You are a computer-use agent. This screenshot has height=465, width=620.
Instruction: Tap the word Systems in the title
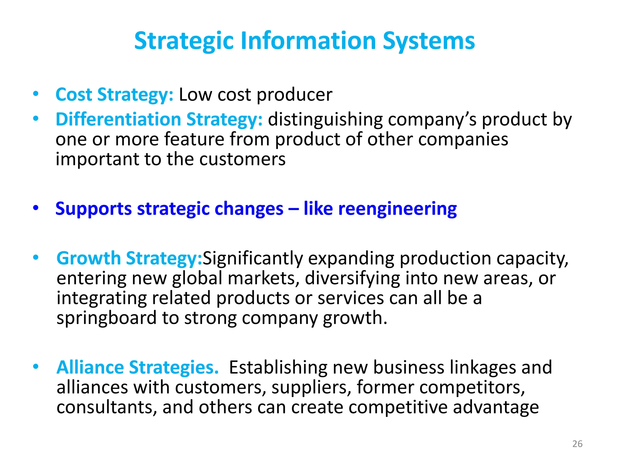click(429, 41)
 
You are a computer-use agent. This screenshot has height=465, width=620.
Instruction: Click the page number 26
click(577, 444)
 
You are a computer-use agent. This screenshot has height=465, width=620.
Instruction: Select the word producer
click(294, 95)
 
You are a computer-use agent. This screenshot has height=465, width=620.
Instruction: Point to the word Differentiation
click(118, 119)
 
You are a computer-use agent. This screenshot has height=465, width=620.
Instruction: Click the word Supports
click(94, 209)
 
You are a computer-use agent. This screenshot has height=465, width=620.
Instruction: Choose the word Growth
click(89, 258)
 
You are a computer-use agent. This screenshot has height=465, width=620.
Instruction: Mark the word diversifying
click(352, 279)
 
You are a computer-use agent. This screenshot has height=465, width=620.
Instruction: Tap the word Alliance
click(90, 367)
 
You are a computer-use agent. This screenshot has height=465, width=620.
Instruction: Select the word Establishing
click(278, 368)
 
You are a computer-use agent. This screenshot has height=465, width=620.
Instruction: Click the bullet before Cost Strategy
click(36, 94)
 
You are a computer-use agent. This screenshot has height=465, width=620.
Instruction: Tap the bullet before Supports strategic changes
click(36, 208)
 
